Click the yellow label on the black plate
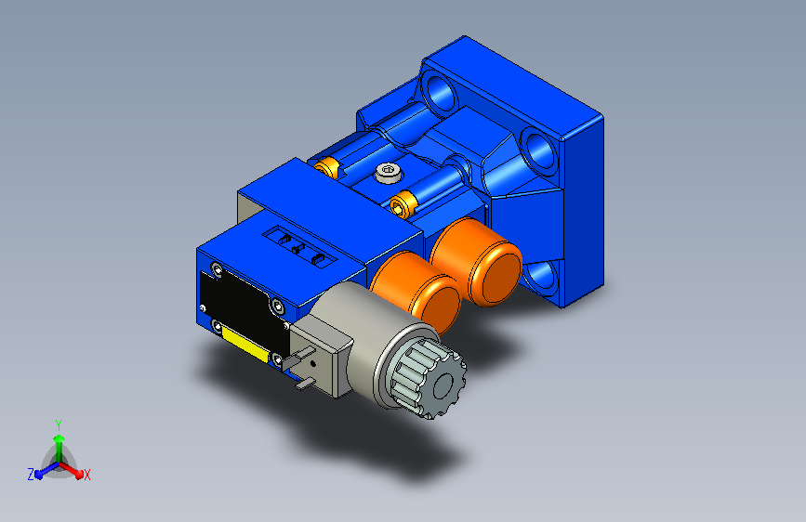245,345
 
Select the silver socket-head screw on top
388,172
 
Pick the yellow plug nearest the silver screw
402,203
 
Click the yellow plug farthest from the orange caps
326,166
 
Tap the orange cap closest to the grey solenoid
416,291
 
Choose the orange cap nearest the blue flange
476,262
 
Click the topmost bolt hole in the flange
440,94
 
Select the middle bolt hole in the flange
538,151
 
